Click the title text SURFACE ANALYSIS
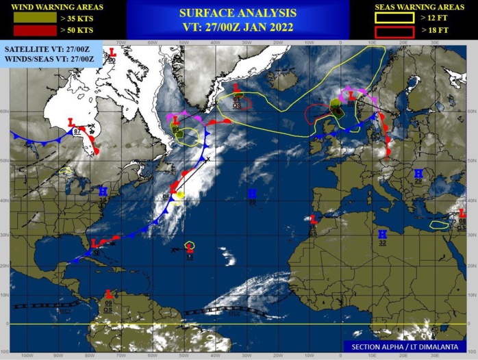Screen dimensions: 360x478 point(238,13)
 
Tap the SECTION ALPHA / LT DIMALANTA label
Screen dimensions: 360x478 point(408,347)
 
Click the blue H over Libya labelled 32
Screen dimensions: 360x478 point(382,234)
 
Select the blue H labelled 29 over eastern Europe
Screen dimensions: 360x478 point(418,173)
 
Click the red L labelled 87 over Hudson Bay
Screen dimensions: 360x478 point(71,122)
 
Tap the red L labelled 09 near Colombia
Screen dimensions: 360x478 point(108,294)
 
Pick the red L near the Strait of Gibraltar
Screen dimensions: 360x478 point(314,219)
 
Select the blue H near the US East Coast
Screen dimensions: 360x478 point(103,191)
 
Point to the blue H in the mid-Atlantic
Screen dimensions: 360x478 point(251,194)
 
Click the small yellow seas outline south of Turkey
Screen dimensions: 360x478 point(438,224)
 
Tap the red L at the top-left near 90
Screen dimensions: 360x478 point(113,52)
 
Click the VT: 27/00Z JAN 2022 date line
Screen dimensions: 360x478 point(238,27)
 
